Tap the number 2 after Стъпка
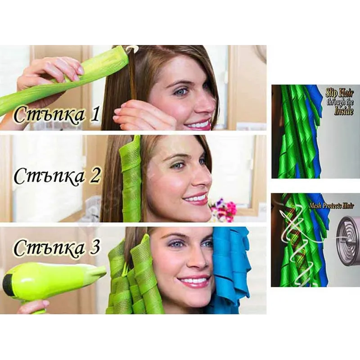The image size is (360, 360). [94, 176]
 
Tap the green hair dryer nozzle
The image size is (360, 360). [98, 273]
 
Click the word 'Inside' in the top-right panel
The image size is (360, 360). [343, 111]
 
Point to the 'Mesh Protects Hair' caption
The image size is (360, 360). [332, 206]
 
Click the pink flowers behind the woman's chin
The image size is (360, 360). [223, 209]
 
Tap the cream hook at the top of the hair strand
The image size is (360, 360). [132, 49]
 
